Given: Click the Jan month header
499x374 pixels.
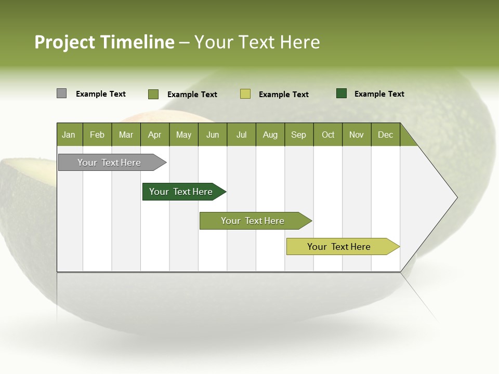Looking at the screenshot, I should click(69, 135).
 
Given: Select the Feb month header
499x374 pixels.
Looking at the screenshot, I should click(97, 135).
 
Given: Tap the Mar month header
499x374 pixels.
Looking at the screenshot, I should click(126, 135).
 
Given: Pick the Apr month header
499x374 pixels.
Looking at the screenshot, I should click(155, 135).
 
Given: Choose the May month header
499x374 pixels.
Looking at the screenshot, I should click(183, 135).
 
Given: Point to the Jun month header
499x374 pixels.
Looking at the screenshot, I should click(213, 135).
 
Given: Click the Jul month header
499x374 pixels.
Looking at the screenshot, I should click(241, 135).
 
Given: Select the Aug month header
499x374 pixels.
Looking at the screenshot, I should click(270, 135).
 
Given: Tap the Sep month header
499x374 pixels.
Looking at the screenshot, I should click(299, 135).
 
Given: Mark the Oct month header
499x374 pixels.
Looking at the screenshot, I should click(328, 135).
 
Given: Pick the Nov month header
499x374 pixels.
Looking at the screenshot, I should click(357, 135).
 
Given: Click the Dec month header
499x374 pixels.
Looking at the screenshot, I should click(386, 135).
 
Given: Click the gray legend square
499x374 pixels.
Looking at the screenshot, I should click(61, 94).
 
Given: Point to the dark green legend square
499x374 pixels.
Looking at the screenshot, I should click(342, 94).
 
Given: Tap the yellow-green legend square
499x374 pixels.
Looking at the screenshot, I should click(245, 94).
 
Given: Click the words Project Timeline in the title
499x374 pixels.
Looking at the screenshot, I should click(104, 42).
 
